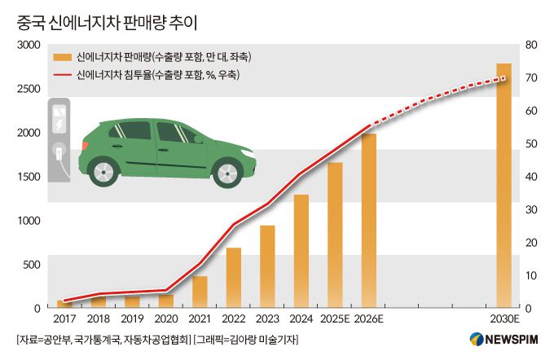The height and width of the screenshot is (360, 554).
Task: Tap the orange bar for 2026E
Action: [x=368, y=221]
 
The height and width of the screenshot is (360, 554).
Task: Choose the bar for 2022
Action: [x=233, y=277]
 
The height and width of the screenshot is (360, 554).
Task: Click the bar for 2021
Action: [x=200, y=292]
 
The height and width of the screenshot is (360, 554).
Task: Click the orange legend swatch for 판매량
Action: [x=60, y=58]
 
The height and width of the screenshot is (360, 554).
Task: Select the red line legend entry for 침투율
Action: [x=60, y=75]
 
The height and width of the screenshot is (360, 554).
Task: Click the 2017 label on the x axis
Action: [x=64, y=320]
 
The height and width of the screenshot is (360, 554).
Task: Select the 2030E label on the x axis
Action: [x=503, y=320]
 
